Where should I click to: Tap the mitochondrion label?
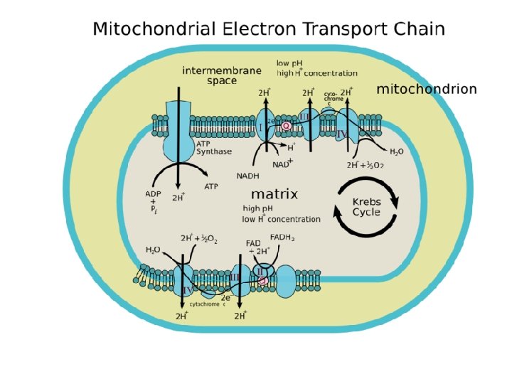coord(426,90)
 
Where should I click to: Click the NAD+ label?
coord(283,164)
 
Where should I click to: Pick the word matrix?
coord(274,194)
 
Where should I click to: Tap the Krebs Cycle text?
coord(367,207)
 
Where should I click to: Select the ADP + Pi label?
coord(153,201)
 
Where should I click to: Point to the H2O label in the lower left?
coord(152,250)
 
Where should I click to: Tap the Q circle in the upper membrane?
coord(286,126)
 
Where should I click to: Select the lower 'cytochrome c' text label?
coord(207,304)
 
